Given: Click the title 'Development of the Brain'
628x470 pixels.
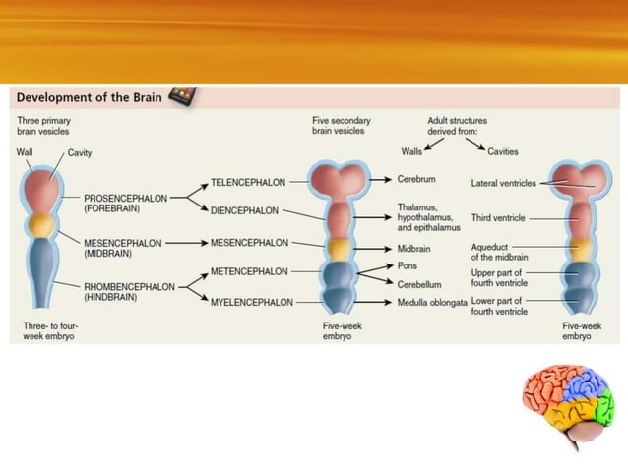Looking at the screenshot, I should coord(88,97).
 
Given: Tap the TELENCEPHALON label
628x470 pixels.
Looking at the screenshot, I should coord(249,182).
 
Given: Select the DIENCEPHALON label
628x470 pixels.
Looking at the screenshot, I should coord(244,210).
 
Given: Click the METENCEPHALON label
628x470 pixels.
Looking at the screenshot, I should coord(249,271).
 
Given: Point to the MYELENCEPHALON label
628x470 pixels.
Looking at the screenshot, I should coord(251,302).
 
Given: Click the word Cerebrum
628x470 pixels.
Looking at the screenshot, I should coord(415,181).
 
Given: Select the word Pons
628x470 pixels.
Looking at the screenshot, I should coord(408,265).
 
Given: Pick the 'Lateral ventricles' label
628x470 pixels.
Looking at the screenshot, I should coord(504,182).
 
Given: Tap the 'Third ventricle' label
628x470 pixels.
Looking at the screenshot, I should coord(498,217).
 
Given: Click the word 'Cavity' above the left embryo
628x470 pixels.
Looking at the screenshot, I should coord(80,153).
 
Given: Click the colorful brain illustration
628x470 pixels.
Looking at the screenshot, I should coord(568,408).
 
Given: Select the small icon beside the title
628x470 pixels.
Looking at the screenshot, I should coord(181,95).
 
